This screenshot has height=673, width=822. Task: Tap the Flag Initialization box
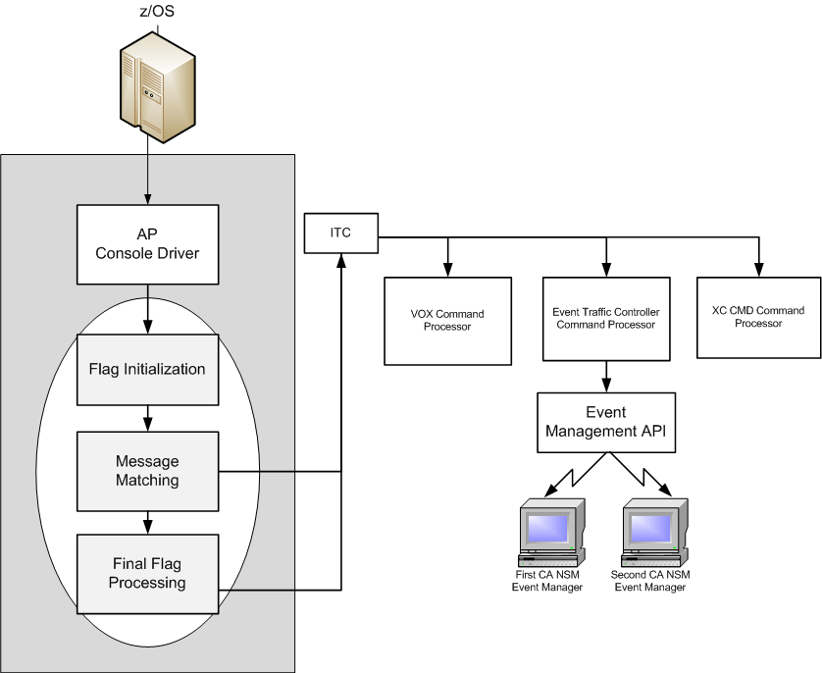pyautogui.click(x=147, y=370)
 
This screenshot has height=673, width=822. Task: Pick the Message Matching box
pyautogui.click(x=147, y=470)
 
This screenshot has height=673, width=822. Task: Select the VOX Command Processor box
pyautogui.click(x=447, y=320)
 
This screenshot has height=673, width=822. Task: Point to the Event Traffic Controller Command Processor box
pyautogui.click(x=605, y=319)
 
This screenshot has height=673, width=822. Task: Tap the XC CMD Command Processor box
pyautogui.click(x=757, y=317)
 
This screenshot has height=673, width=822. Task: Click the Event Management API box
pyautogui.click(x=606, y=422)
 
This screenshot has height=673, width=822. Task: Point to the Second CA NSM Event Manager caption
pyautogui.click(x=650, y=581)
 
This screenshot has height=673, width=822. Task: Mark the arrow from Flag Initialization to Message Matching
pyautogui.click(x=147, y=419)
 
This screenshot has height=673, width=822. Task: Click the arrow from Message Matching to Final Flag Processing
pyautogui.click(x=147, y=520)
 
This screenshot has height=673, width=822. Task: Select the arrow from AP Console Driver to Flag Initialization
pyautogui.click(x=147, y=310)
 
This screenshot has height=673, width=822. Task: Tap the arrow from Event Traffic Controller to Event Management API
pyautogui.click(x=606, y=377)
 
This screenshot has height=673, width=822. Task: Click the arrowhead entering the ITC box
pyautogui.click(x=341, y=259)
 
